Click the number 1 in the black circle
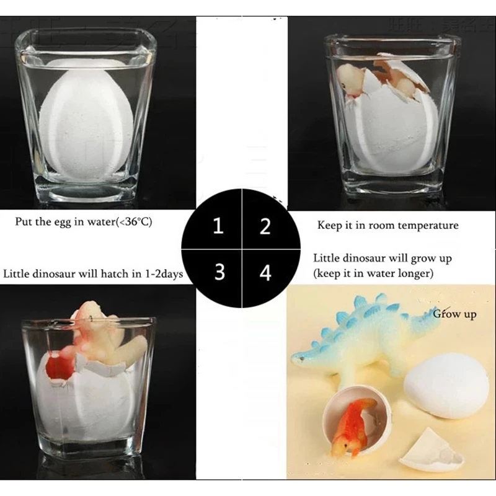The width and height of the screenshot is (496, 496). pyautogui.click(x=218, y=226)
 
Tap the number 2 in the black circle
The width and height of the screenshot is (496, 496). pyautogui.click(x=265, y=226)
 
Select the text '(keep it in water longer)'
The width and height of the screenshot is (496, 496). pyautogui.click(x=373, y=272)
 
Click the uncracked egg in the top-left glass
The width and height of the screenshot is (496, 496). pyautogui.click(x=86, y=118)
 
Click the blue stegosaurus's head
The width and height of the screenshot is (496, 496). pyautogui.click(x=304, y=358)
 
